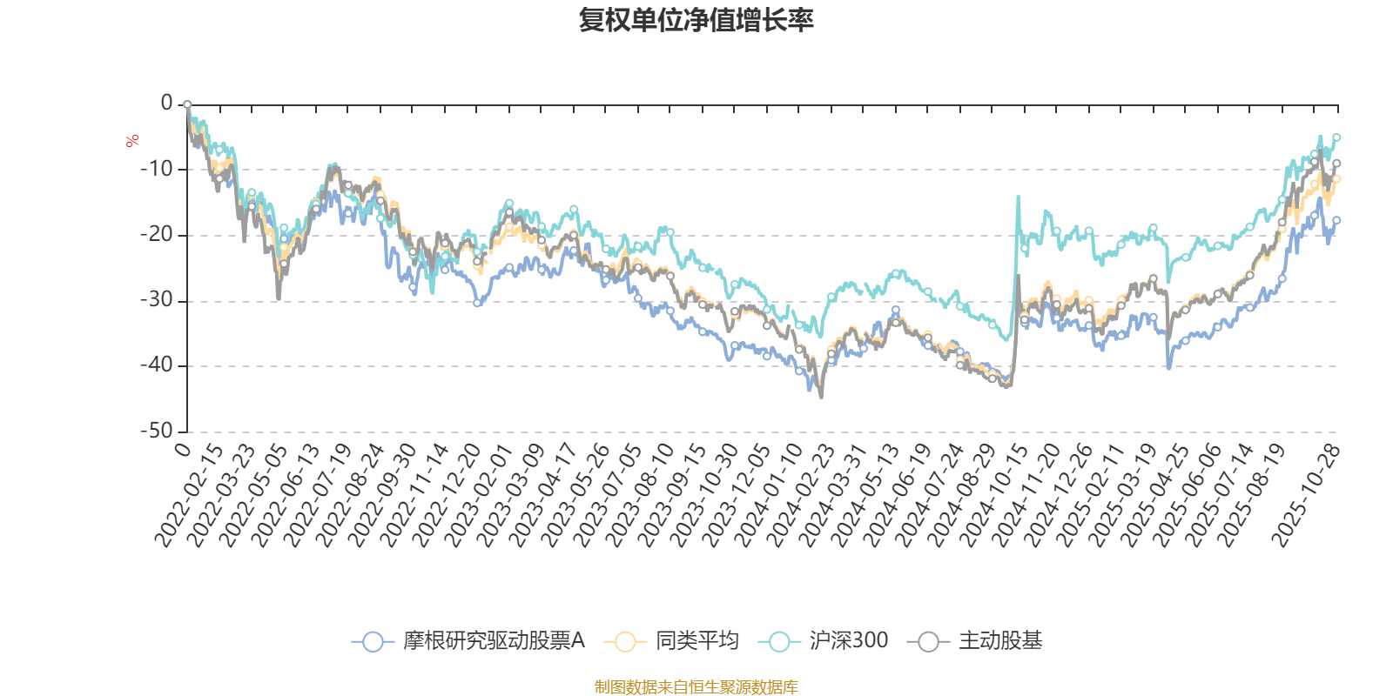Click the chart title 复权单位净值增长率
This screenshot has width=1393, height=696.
coord(696,20)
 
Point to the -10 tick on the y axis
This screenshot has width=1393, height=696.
coord(158,169)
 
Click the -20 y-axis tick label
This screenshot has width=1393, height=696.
coord(158,234)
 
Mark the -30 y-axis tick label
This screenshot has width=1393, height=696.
coord(158,300)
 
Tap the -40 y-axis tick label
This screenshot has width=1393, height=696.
coord(158,365)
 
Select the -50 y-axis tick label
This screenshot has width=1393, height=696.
coord(158,431)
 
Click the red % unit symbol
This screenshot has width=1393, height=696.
coord(132,141)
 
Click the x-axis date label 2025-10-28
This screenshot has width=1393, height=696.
coord(1306,496)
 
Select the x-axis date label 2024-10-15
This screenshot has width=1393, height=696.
coord(994,496)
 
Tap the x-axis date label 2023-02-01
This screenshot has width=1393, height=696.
coord(479,496)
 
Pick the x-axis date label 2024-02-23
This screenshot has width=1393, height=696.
coord(801,496)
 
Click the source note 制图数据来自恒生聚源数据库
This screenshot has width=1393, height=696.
coord(696,687)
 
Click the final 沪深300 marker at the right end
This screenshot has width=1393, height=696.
coord(1337,137)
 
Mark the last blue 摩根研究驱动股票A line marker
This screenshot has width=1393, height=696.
coord(1337,220)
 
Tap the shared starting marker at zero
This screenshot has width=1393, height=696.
coord(187,104)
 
